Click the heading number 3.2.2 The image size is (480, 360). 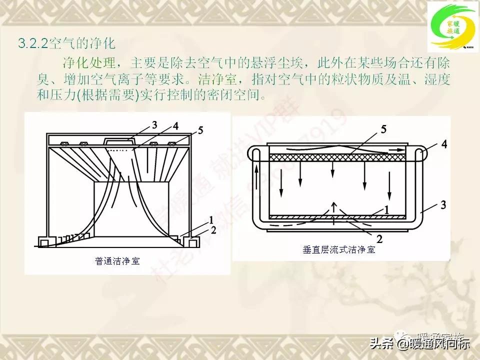point(32,43)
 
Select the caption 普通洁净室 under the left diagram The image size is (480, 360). point(117,260)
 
